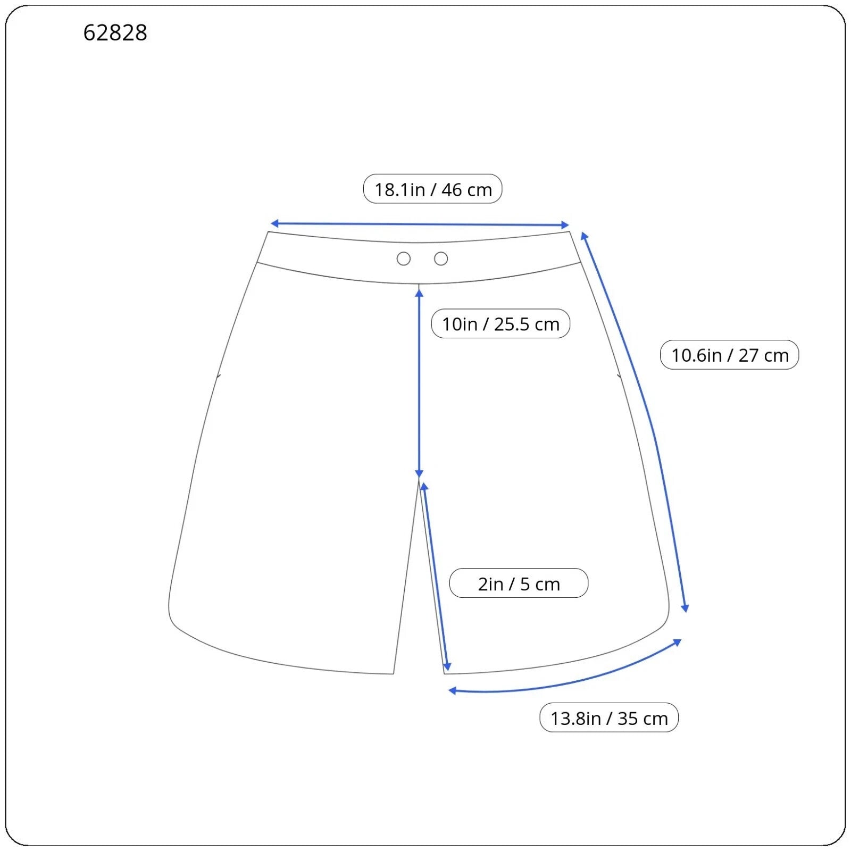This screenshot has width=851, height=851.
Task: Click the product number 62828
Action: point(115,32)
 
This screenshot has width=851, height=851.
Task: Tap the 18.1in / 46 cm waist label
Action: point(432,189)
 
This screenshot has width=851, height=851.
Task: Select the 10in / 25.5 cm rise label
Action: point(500,323)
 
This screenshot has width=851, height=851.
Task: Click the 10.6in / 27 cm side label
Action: point(729,355)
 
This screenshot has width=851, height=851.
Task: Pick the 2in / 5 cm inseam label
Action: point(519,583)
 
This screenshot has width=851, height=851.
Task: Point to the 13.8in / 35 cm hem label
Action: point(609,717)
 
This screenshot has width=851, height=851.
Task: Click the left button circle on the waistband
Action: point(404,259)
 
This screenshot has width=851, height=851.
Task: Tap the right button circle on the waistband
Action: point(441,259)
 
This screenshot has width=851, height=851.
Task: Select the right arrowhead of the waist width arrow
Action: point(565,225)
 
